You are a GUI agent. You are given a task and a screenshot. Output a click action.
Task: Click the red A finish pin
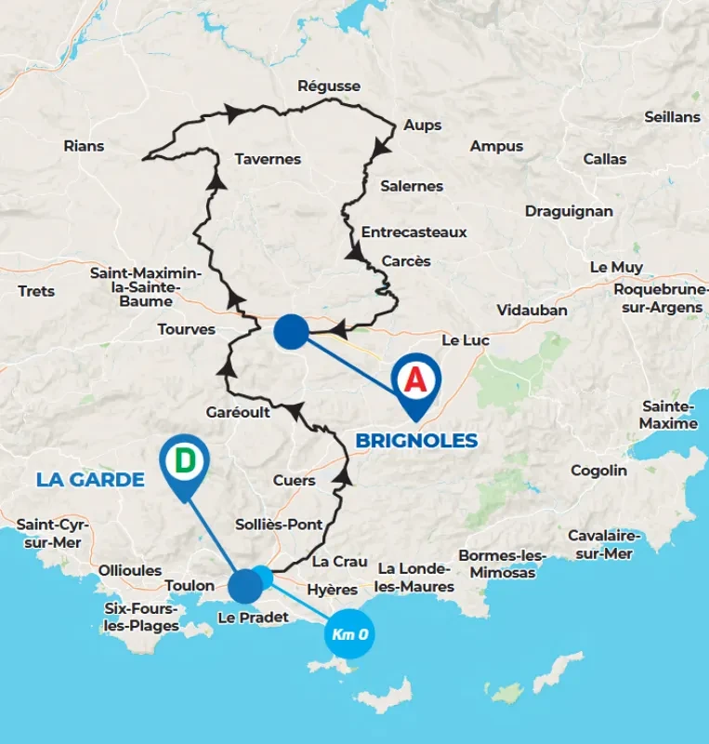tap(415, 379)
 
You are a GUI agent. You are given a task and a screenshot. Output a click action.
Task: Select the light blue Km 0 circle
tap(350, 635)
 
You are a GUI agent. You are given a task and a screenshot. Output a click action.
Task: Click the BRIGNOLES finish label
tap(417, 440)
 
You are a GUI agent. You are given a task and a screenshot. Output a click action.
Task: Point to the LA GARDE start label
tap(90, 480)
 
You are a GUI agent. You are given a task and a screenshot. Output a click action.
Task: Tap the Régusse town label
tap(329, 86)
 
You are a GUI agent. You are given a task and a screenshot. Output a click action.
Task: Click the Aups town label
tap(423, 125)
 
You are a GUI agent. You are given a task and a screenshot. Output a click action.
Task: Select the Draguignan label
tap(569, 211)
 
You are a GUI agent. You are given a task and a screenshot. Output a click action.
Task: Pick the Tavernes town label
tap(268, 159)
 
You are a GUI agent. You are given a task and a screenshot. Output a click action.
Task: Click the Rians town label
tap(84, 145)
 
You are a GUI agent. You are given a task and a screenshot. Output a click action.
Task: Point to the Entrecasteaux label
tap(414, 232)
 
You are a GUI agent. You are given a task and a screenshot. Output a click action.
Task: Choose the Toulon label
tap(190, 585)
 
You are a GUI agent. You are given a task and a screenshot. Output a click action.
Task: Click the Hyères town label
tap(332, 590)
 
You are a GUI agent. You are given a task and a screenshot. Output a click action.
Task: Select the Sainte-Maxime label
tap(669, 415)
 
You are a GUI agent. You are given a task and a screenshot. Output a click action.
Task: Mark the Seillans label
tap(672, 117)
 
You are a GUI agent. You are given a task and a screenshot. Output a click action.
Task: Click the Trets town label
tap(36, 291)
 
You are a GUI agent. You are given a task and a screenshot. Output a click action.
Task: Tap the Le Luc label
tap(465, 340)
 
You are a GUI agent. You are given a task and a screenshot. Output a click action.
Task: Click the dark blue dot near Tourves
tap(292, 332)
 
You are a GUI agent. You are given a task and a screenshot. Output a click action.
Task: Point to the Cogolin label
tap(598, 471)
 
